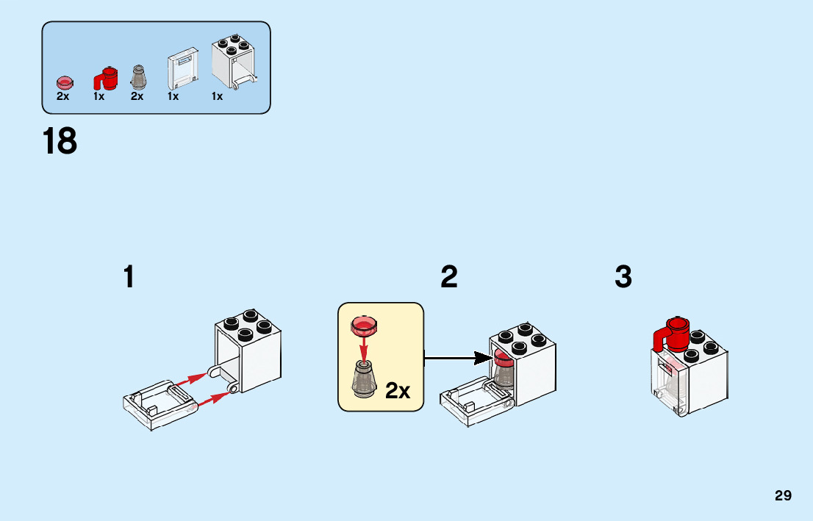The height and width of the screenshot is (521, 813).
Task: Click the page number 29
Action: [783, 496]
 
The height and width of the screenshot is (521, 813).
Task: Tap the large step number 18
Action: [60, 142]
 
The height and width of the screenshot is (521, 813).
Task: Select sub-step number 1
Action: [129, 278]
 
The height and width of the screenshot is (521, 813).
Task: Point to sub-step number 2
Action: [449, 278]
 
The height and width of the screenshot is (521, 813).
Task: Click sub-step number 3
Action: [623, 278]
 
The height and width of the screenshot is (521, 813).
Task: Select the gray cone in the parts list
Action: [137, 76]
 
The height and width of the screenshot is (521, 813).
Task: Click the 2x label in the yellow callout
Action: [398, 391]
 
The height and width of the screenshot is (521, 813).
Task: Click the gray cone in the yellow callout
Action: [363, 380]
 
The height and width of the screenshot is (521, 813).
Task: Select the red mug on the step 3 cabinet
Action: [672, 336]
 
